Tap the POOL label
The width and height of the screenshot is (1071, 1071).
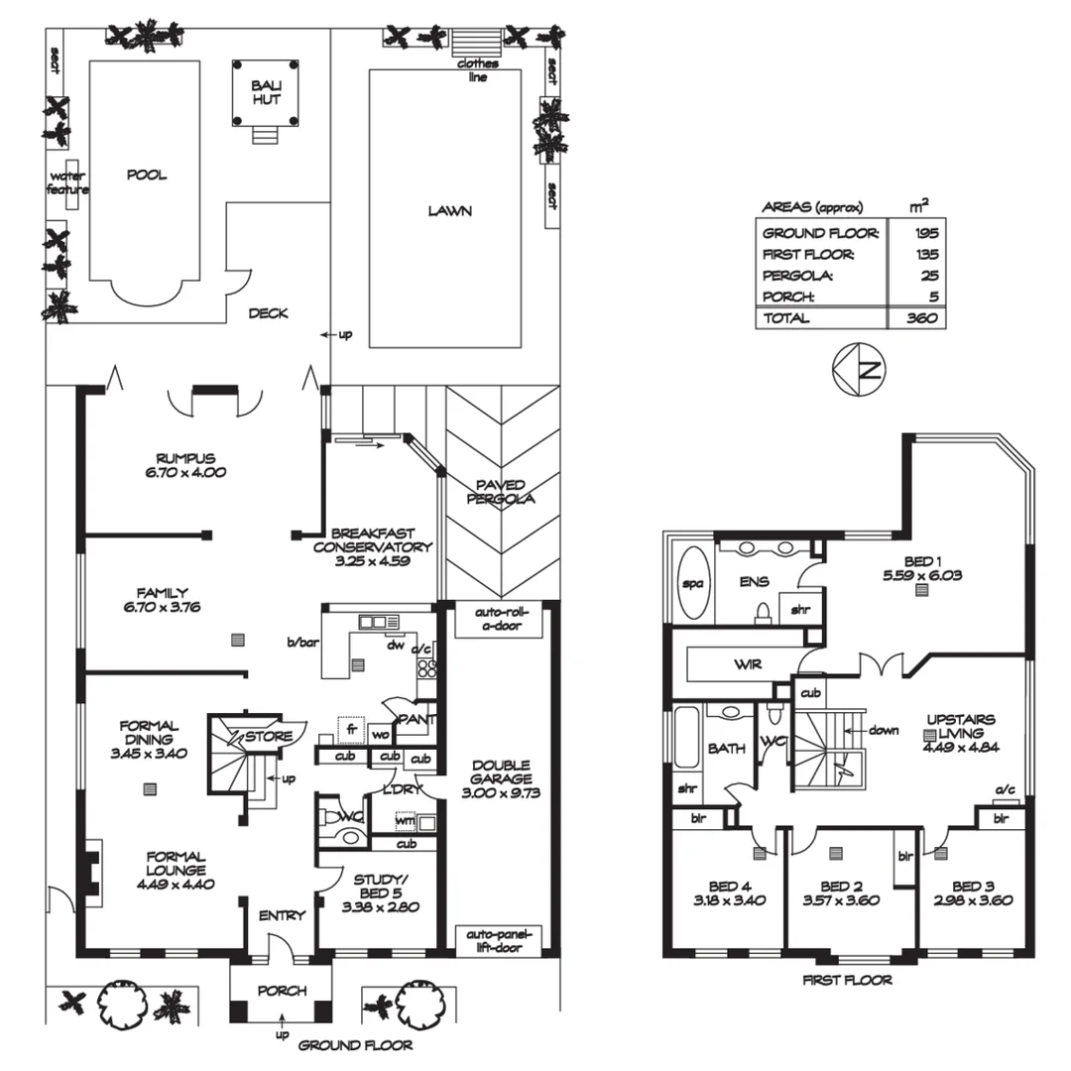point(146,176)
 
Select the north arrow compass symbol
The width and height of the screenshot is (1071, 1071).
point(857,371)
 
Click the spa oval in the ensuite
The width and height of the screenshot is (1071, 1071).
point(692,584)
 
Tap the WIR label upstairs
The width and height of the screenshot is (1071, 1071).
point(748,664)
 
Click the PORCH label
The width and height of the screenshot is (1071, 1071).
point(282,991)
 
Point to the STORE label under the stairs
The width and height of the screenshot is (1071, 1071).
point(269,736)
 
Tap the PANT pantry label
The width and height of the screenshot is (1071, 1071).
point(414,718)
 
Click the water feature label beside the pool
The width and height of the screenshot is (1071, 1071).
point(68,182)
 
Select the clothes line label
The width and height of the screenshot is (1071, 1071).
point(478,70)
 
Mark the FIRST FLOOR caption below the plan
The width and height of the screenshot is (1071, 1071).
point(849,981)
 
